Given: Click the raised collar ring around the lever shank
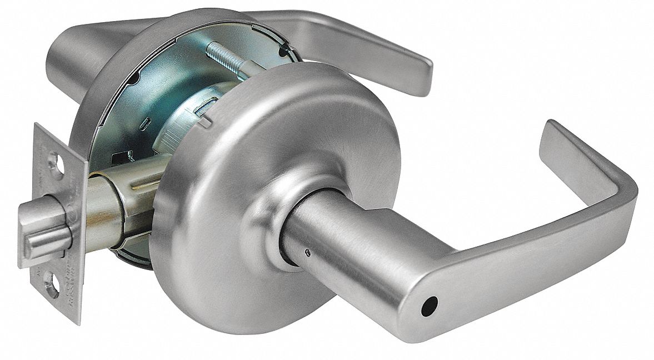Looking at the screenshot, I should (x=278, y=228).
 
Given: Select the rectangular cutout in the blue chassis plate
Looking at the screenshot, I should (x=123, y=158).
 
